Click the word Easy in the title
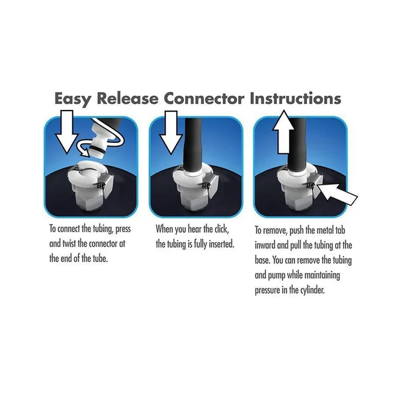(x=73, y=99)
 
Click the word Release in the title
(x=128, y=98)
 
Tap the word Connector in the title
(x=204, y=98)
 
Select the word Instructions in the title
(x=296, y=98)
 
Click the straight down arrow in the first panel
(x=67, y=132)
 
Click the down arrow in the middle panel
(x=171, y=132)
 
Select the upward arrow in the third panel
(x=284, y=132)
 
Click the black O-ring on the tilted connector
(x=97, y=149)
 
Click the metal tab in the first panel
(x=107, y=187)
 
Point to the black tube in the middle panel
(x=193, y=144)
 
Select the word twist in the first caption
(x=69, y=243)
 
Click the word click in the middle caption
(x=222, y=229)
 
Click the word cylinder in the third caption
(x=312, y=290)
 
